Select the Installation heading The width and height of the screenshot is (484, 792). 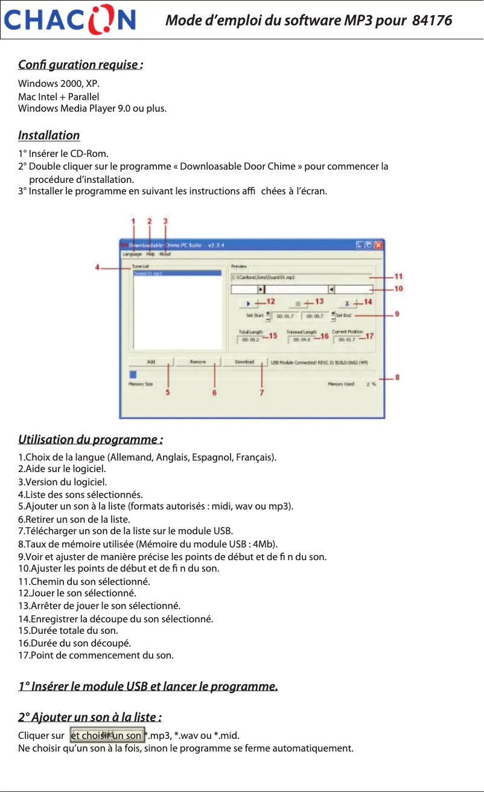point(49,135)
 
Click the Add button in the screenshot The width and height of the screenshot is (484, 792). point(150,362)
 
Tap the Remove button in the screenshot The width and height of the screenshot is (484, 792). point(198,362)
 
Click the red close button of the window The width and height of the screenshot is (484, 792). point(378,245)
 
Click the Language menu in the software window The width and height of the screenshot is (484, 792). point(132,255)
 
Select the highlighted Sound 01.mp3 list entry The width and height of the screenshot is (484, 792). point(148,273)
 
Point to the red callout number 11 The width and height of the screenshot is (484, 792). point(398,276)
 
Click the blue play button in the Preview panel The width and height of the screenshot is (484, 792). point(248,302)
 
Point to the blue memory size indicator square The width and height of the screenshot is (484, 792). point(132,374)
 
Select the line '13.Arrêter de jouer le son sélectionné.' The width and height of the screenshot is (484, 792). point(99,605)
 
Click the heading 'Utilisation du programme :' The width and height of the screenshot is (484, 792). point(91,438)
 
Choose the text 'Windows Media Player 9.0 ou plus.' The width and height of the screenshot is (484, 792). point(92,109)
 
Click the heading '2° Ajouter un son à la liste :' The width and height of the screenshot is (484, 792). point(89,717)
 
